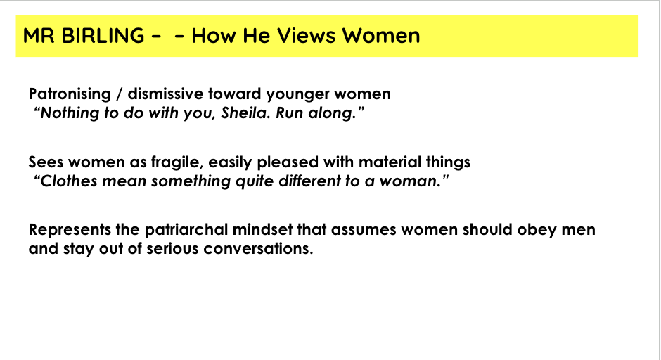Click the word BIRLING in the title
(x=103, y=35)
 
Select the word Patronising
(x=70, y=94)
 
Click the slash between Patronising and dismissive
(x=120, y=94)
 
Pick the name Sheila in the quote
(x=245, y=112)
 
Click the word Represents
(x=70, y=230)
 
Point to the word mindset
(x=262, y=230)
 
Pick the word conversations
(x=258, y=248)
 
